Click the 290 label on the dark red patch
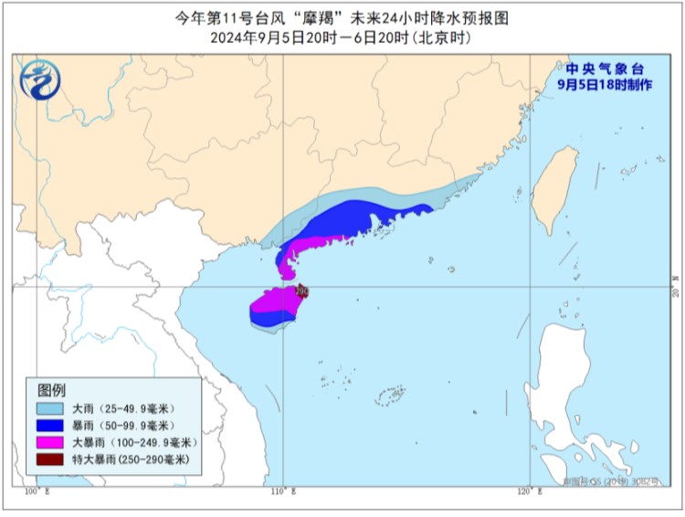(302, 291)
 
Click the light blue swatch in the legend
(50, 408)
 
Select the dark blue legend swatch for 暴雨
(50, 426)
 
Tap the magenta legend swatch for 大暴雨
(50, 443)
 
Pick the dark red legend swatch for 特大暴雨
(50, 460)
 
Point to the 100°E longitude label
(37, 492)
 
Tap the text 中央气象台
(605, 69)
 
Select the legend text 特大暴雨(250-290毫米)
(137, 460)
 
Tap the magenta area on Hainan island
(274, 301)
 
